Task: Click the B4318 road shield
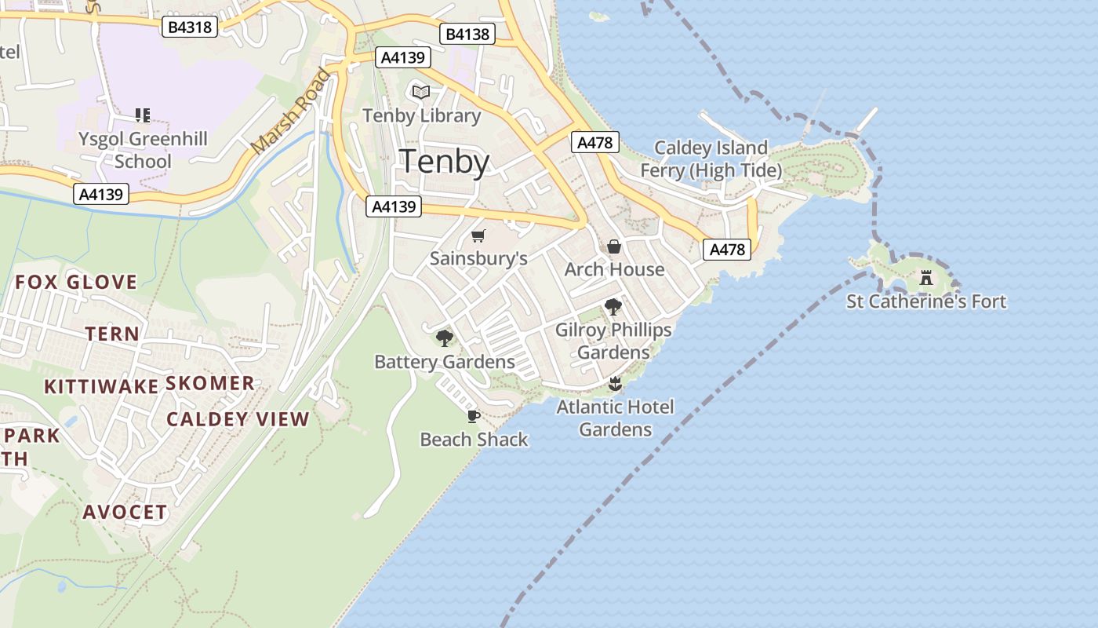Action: click(190, 27)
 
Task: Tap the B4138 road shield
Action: click(467, 34)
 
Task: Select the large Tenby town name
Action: click(445, 162)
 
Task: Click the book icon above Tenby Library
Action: click(421, 93)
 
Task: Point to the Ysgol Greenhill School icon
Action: click(142, 115)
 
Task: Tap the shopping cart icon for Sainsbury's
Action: click(478, 235)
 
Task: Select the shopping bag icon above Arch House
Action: click(614, 246)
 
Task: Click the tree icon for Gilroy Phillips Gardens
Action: click(613, 307)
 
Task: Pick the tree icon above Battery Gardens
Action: click(445, 338)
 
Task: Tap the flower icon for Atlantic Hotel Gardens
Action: click(615, 384)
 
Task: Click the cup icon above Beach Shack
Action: click(473, 415)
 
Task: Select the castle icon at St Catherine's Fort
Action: click(926, 277)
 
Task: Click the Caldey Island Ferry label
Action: click(711, 159)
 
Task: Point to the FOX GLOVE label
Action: click(76, 282)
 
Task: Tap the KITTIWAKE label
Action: click(101, 386)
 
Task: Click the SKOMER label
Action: click(210, 383)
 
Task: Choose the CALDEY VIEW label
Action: click(238, 418)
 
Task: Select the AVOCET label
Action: click(125, 512)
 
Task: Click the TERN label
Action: click(112, 334)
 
